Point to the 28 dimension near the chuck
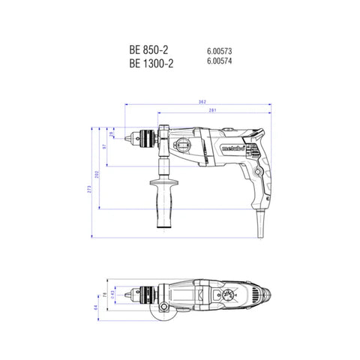[x=112, y=134]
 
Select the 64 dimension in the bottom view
[x=95, y=307]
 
